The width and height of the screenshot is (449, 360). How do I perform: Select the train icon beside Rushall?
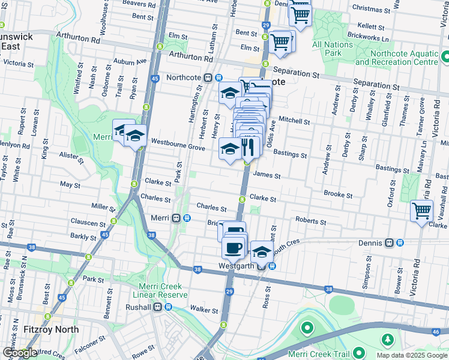(157, 307)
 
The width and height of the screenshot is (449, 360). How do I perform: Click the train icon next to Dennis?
(389, 243)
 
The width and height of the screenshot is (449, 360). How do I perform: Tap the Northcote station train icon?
(208, 77)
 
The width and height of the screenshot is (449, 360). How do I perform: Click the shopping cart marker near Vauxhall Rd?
(421, 211)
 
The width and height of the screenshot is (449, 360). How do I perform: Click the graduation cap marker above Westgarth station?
(262, 250)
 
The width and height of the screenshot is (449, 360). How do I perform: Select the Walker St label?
(204, 310)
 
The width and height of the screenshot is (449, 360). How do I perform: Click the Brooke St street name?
(338, 194)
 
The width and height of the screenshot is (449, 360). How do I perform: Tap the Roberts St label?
(310, 221)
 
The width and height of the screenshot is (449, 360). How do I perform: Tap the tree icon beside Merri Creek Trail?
(387, 340)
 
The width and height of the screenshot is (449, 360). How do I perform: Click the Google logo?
(20, 353)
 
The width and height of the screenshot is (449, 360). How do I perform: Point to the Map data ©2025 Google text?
(411, 355)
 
